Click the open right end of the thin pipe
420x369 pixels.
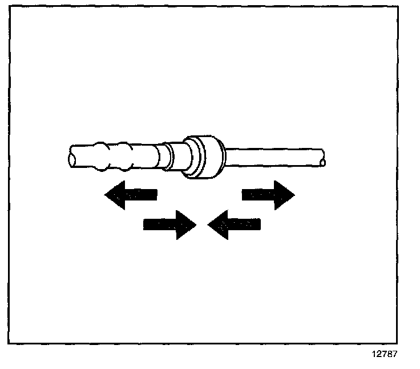click(323, 159)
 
